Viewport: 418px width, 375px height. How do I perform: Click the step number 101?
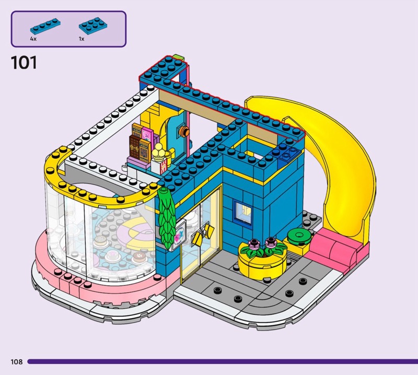coord(24,63)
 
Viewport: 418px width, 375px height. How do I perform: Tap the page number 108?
coord(17,361)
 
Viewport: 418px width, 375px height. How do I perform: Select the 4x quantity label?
coord(33,39)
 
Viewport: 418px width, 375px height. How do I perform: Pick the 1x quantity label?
coord(82,39)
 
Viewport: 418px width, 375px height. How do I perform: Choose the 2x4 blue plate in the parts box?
coord(93,25)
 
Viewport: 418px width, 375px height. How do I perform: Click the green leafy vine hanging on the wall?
coord(167,218)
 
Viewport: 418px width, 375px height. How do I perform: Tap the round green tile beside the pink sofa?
coord(299,236)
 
